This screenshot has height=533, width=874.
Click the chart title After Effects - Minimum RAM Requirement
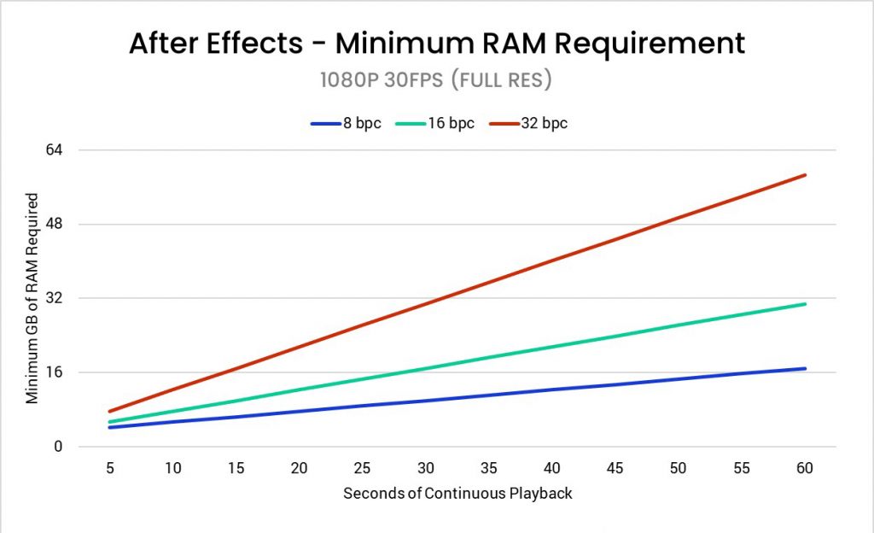coord(437,43)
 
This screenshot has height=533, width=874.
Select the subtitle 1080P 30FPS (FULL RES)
coord(437,80)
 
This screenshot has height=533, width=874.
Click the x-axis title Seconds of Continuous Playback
coord(457,494)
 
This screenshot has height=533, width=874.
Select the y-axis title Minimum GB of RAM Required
coord(32,298)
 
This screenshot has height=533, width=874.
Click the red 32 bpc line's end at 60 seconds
coord(805,175)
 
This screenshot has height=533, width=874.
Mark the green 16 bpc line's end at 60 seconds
coord(805,304)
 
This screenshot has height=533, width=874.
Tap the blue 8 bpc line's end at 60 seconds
coord(805,369)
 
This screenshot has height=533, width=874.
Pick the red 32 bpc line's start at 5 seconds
coord(110,412)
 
